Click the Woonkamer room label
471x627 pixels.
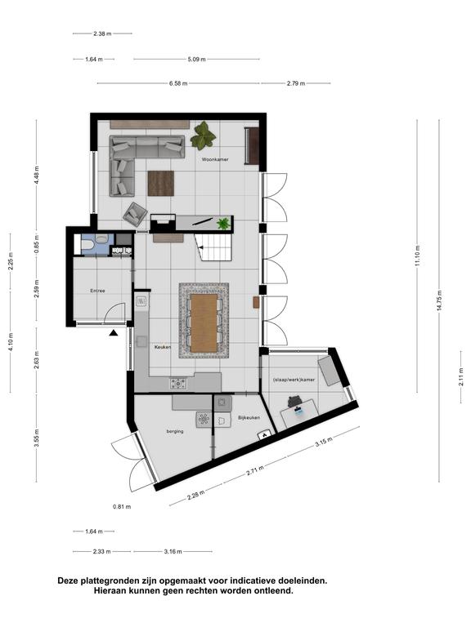(x=215, y=159)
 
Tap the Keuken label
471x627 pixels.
(x=163, y=347)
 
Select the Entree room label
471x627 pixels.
(x=97, y=291)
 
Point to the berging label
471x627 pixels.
(x=175, y=431)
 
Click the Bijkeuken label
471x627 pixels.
(x=249, y=417)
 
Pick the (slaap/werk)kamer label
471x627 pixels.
(x=294, y=380)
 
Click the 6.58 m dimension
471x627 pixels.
(x=178, y=83)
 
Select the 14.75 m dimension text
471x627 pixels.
(x=439, y=300)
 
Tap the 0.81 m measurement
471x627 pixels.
(x=122, y=507)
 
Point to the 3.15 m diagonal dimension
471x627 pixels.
(x=324, y=442)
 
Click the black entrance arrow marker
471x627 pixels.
(x=114, y=333)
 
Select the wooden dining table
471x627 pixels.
(x=204, y=323)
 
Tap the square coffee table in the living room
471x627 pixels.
(x=161, y=183)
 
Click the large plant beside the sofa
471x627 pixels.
(x=203, y=136)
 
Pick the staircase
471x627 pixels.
(x=213, y=247)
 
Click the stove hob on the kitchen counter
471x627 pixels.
(x=177, y=384)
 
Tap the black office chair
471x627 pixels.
(x=295, y=401)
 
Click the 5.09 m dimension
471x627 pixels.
(x=196, y=59)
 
